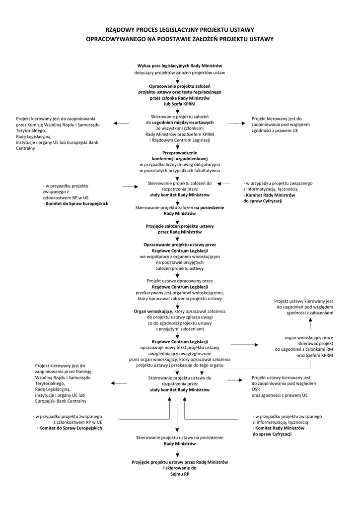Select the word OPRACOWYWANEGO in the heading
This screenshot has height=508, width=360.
click(115, 39)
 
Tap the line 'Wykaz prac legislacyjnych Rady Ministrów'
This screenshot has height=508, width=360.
click(180, 66)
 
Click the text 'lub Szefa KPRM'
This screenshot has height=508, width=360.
click(180, 105)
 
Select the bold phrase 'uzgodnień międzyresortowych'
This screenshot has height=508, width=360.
click(183, 122)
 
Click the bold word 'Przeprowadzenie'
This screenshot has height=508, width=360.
click(180, 152)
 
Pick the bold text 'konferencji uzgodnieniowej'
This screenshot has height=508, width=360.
click(180, 158)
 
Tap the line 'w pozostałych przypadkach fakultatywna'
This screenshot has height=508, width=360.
click(180, 170)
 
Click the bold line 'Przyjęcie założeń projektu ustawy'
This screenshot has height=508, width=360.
click(180, 226)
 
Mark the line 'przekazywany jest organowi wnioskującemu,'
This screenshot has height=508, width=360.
click(180, 293)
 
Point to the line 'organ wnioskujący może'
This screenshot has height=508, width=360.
click(309, 337)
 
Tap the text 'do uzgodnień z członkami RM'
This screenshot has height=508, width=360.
click(304, 349)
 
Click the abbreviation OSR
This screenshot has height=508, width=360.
click(256, 389)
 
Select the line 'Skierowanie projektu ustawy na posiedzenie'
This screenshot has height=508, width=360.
click(180, 438)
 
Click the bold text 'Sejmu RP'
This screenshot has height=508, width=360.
click(180, 474)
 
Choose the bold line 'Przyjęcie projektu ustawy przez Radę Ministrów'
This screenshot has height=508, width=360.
click(180, 462)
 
